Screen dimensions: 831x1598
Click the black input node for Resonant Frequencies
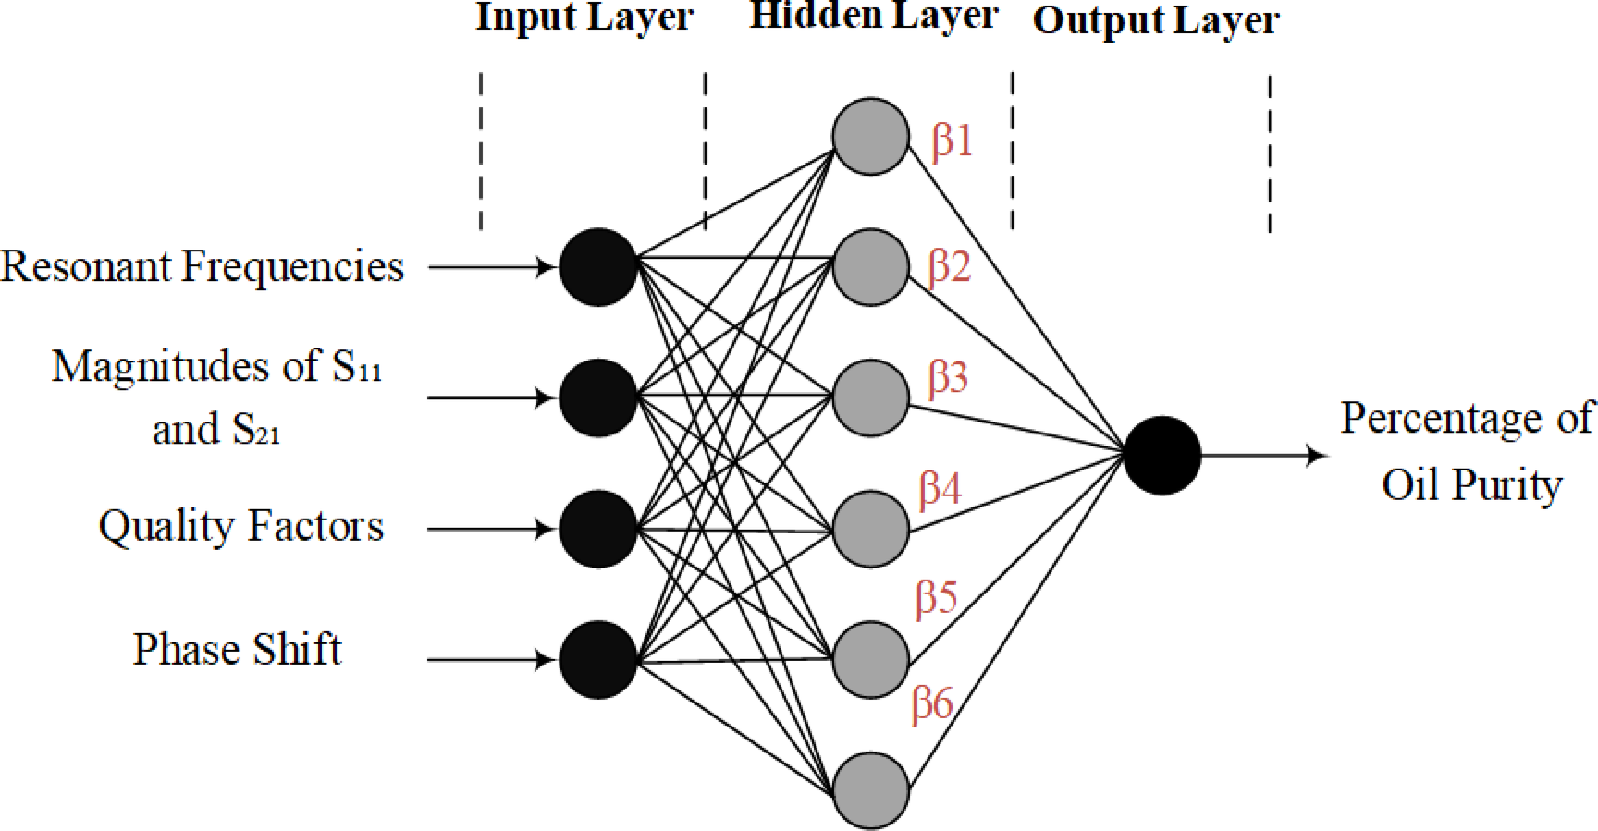coord(598,267)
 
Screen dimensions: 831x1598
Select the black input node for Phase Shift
coord(598,660)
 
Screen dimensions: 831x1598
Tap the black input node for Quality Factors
coord(598,529)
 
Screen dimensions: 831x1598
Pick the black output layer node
coord(1162,456)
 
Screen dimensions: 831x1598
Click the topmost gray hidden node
coord(870,136)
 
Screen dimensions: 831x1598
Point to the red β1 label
coord(953,141)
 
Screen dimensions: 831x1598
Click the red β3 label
coord(948,378)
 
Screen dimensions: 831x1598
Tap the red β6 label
coord(932,704)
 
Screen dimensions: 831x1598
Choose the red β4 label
coord(940,488)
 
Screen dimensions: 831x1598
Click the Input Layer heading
coord(584,17)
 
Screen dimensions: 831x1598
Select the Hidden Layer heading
coord(873,15)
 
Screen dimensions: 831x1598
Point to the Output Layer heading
coord(1156,20)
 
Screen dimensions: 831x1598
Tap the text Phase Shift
coord(237,649)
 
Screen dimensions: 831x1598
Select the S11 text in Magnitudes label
coord(357,367)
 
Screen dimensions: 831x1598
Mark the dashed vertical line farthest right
coord(1270,153)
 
